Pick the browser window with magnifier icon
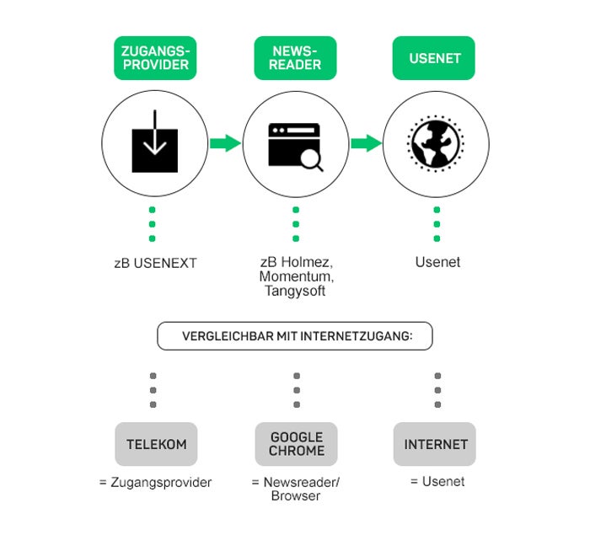[x=295, y=146]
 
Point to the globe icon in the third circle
[x=436, y=144]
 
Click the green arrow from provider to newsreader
[x=224, y=143]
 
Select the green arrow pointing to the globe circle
[x=365, y=143]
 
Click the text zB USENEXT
[x=155, y=263]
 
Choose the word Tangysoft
[x=295, y=291]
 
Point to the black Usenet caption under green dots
[x=437, y=262]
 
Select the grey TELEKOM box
[x=156, y=444]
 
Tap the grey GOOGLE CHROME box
[x=296, y=444]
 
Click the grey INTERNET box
[x=435, y=444]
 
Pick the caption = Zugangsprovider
[x=155, y=483]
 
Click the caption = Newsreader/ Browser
[x=295, y=490]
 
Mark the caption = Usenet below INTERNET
[x=437, y=482]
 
